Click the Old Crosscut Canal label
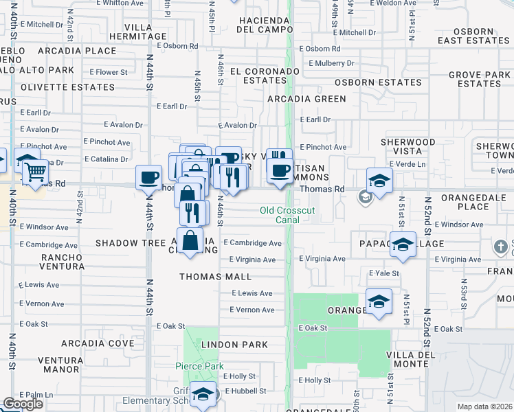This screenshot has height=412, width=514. (x=288, y=215)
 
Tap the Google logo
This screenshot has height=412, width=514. (x=23, y=404)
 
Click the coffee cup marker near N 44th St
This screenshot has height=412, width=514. (x=148, y=179)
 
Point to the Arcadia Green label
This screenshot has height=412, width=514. (x=306, y=99)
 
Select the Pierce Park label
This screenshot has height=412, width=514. (x=199, y=366)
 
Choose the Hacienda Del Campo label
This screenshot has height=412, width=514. (x=265, y=24)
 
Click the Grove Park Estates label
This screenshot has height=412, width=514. (x=479, y=79)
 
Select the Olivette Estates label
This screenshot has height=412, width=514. (x=67, y=87)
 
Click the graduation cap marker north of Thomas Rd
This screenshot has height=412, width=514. (x=379, y=180)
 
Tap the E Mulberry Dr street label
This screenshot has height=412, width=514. (x=331, y=63)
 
